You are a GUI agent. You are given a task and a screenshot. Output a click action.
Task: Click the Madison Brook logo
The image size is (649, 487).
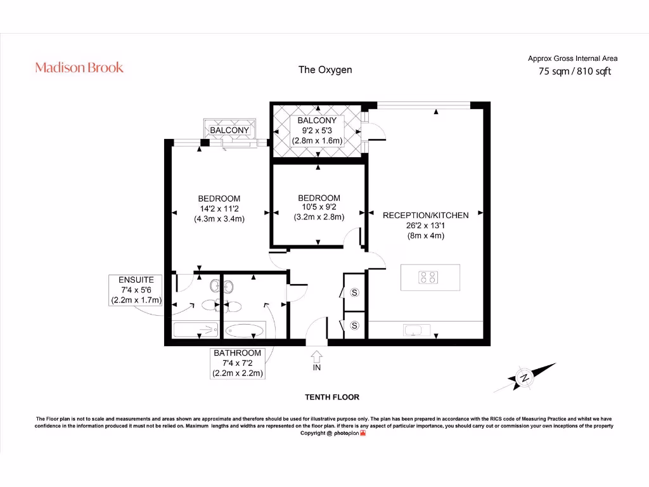pos(79,68)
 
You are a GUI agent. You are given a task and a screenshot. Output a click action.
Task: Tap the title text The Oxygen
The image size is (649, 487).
pos(325,70)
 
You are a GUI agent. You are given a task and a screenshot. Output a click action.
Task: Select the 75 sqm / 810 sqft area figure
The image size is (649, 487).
pos(574,72)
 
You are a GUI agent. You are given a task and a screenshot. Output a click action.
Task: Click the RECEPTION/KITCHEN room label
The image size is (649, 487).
pos(426,216)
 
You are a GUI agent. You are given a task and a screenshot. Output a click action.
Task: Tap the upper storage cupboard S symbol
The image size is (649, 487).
pos(354,292)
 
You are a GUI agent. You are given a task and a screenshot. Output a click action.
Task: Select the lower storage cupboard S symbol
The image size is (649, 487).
pos(354,325)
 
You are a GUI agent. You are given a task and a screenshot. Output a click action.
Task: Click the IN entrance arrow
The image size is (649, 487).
pos(316,360)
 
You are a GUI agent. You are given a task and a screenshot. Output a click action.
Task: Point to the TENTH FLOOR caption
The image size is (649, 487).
pos(332,398)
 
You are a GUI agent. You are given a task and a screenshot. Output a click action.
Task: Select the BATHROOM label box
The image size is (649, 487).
pos(238,363)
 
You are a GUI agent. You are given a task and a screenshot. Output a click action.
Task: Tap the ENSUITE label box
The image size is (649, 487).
pos(136,290)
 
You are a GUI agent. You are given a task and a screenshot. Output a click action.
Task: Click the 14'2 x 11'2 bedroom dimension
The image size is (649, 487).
pos(219,209)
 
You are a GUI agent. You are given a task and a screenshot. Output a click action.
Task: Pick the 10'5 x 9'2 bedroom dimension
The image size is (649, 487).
pos(318,207)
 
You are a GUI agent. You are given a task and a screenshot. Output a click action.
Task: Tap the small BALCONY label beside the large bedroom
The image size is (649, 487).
pos(229,131)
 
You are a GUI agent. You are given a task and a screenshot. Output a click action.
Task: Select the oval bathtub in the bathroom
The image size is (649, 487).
pos(245,330)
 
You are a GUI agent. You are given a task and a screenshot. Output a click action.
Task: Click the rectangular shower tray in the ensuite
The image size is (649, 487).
pos(195,330)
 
